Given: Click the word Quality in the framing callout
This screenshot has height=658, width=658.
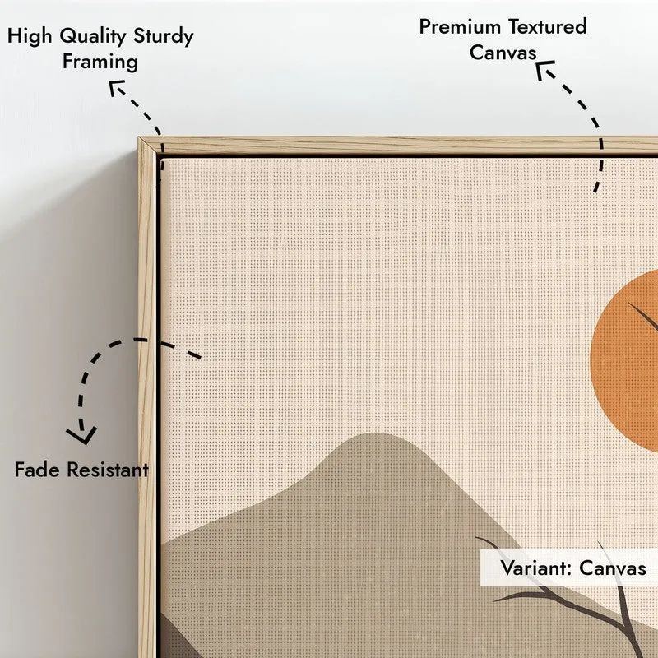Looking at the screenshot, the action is click(x=92, y=37).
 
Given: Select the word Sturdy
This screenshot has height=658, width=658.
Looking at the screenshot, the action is click(x=163, y=37).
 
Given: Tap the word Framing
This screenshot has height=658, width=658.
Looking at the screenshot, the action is click(x=100, y=63).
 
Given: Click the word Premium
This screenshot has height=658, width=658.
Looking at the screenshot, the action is click(x=460, y=27).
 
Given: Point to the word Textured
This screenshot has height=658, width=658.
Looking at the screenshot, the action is click(x=547, y=27).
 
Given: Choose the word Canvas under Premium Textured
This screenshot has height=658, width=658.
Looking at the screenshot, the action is click(x=503, y=53).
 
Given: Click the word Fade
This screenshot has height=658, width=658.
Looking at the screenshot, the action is click(x=37, y=470).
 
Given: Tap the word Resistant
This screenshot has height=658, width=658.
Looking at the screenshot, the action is click(x=108, y=470).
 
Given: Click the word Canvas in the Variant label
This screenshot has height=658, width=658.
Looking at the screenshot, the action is click(x=613, y=568).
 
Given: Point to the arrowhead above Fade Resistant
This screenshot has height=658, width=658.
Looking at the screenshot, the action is click(x=81, y=435).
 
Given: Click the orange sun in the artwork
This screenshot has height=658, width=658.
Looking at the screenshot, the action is click(x=625, y=361).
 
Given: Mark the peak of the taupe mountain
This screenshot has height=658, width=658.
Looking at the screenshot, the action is click(x=375, y=434).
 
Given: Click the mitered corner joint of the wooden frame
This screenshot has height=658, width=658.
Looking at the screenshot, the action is click(x=150, y=147).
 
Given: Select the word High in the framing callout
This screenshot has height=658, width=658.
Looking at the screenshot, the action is click(x=30, y=37).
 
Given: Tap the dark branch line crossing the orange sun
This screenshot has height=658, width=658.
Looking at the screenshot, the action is click(x=643, y=317).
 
